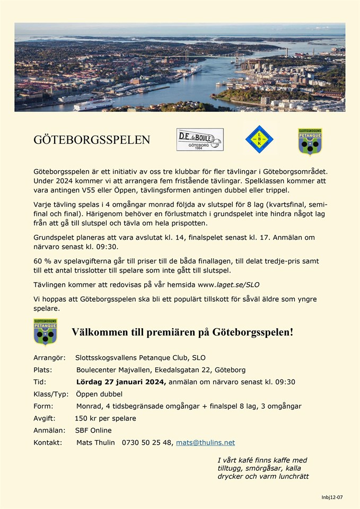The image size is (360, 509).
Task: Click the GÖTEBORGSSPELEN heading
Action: point(92,140)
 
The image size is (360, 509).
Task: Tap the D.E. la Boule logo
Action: point(200,139)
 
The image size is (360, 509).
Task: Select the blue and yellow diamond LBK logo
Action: point(259,139)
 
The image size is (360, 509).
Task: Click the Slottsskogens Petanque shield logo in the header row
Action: point(310,142)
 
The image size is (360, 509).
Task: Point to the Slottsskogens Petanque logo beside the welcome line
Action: point(46,332)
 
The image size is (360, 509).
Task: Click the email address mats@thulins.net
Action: point(205,442)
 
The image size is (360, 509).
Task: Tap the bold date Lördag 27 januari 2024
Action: point(121,382)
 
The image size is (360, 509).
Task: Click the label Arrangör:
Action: point(49,357)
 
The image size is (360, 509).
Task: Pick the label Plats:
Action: point(43,370)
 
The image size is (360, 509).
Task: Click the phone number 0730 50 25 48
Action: point(147,442)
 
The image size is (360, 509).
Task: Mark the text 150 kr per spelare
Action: point(105,418)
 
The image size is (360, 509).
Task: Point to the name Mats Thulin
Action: point(95,442)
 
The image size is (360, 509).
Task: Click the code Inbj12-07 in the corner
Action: point(332,497)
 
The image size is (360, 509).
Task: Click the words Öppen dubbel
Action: point(99,394)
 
